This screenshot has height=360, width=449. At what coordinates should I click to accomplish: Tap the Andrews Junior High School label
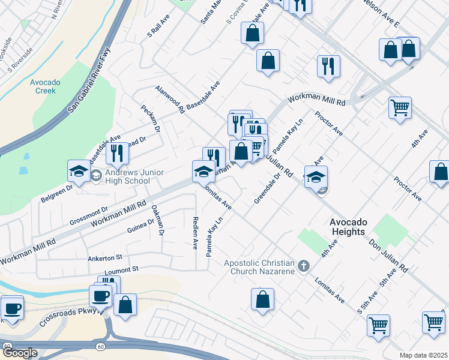tap(127, 175)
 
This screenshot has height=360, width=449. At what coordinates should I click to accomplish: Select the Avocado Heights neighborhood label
tap(356, 227)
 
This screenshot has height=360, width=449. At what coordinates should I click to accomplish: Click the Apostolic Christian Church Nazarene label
tap(259, 267)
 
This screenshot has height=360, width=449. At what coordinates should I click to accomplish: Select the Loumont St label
tap(121, 270)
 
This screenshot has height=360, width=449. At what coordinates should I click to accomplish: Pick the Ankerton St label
tap(104, 258)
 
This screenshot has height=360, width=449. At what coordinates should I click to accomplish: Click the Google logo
tap(19, 353)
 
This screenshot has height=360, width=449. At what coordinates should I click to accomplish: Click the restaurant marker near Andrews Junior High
tap(117, 153)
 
